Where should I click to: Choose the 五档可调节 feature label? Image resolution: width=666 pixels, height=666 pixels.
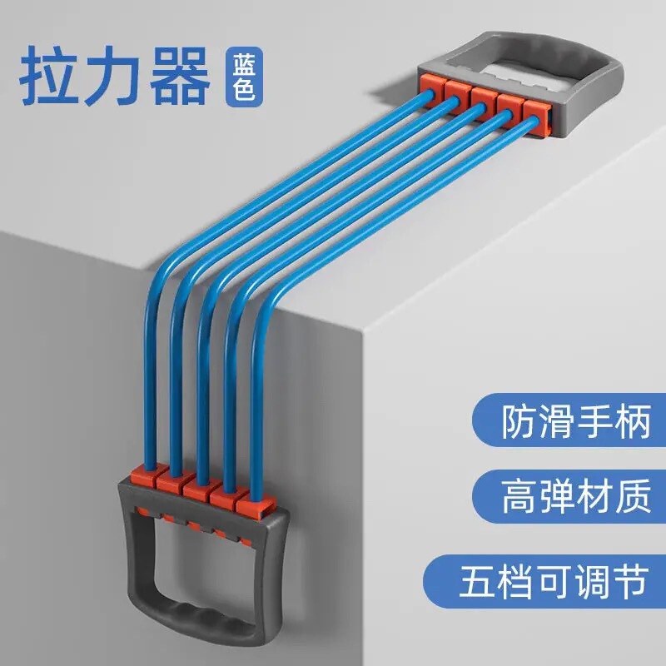pos(553,580)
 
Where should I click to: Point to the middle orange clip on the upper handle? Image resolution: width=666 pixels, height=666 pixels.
pos(482,94)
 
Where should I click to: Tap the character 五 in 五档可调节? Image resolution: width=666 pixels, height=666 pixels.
pos(477,580)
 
